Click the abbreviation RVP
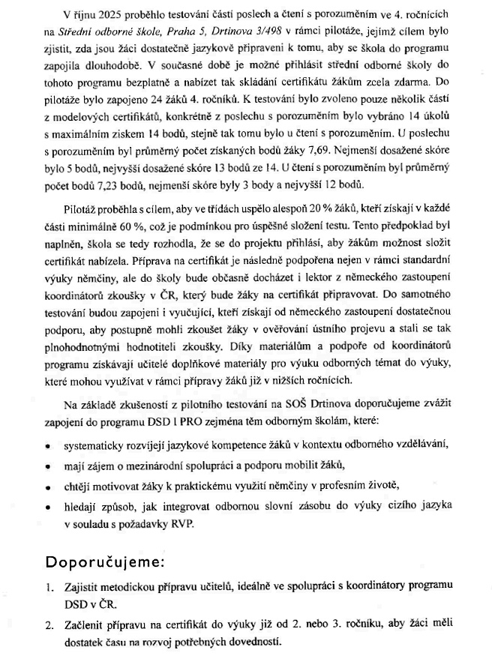(183, 523)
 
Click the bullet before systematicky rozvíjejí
(49, 445)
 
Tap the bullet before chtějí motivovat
(49, 484)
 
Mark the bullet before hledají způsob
(49, 505)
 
